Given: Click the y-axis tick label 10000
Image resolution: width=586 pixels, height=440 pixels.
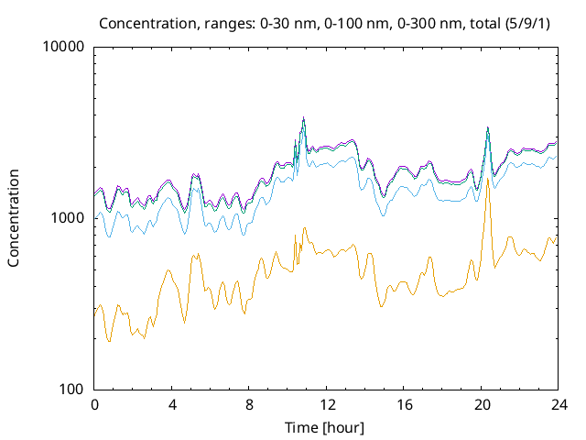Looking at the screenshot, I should [x=63, y=47].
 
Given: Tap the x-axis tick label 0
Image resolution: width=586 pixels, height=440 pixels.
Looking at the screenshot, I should [x=94, y=405].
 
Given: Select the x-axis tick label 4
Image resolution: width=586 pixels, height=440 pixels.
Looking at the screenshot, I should [x=172, y=405].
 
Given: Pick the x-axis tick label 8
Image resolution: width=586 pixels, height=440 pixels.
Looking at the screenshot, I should [x=249, y=405].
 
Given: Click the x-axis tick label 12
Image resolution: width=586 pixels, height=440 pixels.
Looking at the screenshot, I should [x=326, y=405].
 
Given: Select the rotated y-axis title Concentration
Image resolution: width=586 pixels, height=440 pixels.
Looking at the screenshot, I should [x=14, y=218].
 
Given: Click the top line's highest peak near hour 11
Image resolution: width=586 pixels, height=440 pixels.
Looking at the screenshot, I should [x=303, y=117].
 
